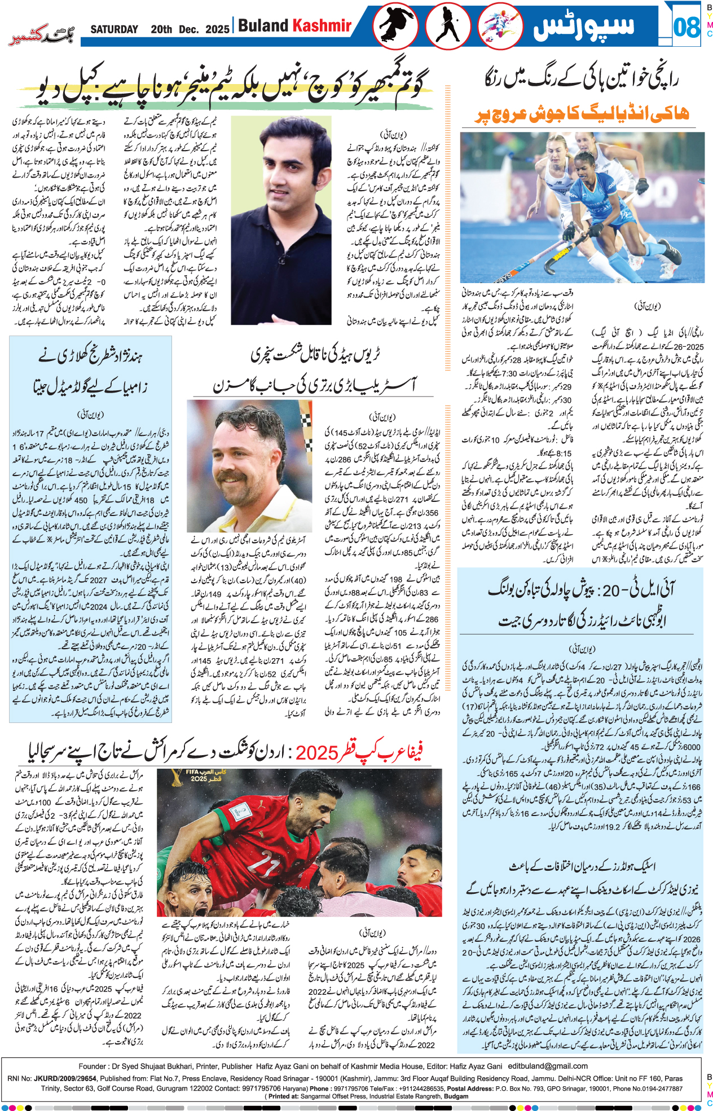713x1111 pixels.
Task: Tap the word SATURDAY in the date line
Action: pyautogui.click(x=114, y=29)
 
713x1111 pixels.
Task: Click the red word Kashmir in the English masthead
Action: pyautogui.click(x=322, y=25)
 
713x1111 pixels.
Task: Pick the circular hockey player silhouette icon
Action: pyautogui.click(x=448, y=26)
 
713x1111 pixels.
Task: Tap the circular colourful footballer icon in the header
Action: pyautogui.click(x=500, y=26)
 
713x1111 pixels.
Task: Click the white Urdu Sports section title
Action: pyautogui.click(x=584, y=26)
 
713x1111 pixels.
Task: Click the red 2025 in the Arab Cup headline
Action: pyautogui.click(x=317, y=752)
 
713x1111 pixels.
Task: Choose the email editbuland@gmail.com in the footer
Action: pyautogui.click(x=548, y=1066)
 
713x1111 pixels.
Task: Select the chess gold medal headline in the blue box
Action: pyautogui.click(x=90, y=372)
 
